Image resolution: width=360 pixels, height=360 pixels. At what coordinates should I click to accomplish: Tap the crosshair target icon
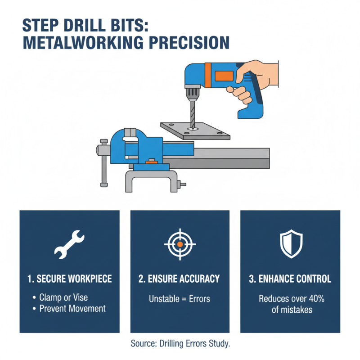[x=180, y=243]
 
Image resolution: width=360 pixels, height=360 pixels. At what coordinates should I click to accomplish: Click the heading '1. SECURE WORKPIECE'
[x=69, y=279]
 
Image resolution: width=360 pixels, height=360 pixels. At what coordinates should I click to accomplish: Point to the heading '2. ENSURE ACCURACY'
[x=180, y=279]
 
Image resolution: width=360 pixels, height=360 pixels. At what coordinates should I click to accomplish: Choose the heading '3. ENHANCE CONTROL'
[x=290, y=279]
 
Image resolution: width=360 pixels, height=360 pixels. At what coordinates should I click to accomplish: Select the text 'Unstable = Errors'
[x=180, y=298]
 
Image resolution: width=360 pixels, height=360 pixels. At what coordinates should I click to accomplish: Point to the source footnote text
[x=180, y=344]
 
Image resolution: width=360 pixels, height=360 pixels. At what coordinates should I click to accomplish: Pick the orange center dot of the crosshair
[x=180, y=243]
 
